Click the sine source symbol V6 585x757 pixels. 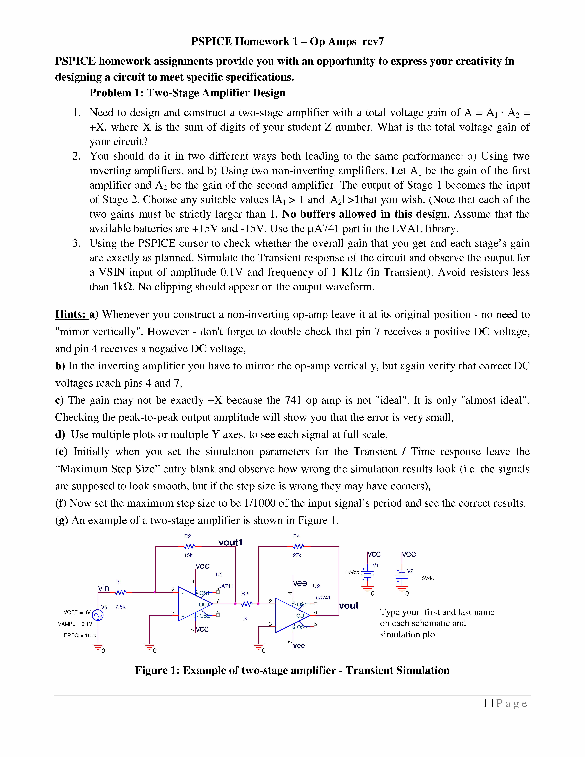(x=98, y=615)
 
